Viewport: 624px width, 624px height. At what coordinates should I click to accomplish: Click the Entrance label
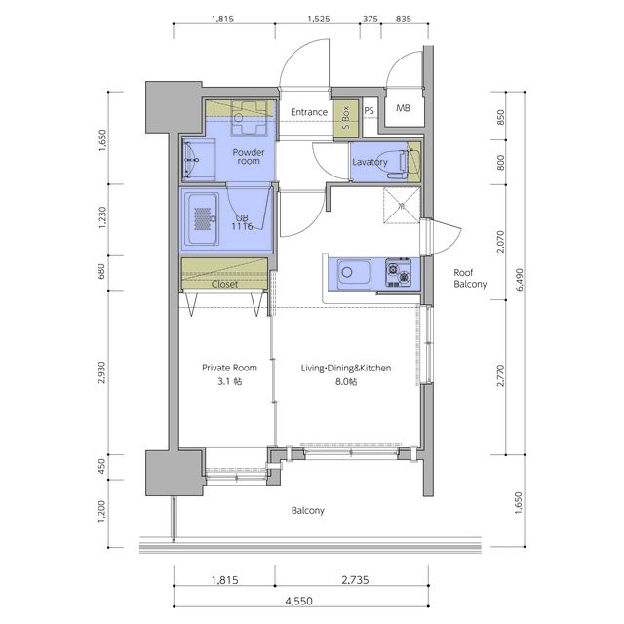[x=309, y=112]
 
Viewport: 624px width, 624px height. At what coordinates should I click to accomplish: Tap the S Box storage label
[x=346, y=117]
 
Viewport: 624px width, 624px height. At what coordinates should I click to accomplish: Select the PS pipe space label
[x=369, y=110]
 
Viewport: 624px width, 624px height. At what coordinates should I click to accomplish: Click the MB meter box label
[x=403, y=108]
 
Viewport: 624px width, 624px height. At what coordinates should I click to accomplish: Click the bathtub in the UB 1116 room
[x=203, y=219]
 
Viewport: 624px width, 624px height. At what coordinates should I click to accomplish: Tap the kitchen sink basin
[x=354, y=273]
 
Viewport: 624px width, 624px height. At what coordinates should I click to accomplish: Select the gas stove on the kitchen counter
[x=399, y=273]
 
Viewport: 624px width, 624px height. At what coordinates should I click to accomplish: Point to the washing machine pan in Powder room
[x=249, y=118]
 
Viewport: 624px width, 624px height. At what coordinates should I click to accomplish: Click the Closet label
[x=224, y=284]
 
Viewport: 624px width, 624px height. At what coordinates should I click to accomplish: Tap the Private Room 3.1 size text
[x=230, y=381]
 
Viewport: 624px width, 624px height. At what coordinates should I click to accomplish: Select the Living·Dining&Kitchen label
[x=346, y=369]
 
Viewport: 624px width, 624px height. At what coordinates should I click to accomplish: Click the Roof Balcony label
[x=470, y=278]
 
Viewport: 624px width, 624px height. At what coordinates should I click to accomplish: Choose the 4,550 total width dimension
[x=298, y=601]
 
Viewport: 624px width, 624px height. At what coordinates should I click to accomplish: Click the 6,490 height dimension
[x=519, y=280]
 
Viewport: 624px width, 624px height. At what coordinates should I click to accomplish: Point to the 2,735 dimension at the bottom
[x=355, y=580]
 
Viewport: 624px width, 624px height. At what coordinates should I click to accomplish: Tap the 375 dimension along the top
[x=370, y=19]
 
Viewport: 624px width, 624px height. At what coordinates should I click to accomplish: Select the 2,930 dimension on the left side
[x=101, y=372]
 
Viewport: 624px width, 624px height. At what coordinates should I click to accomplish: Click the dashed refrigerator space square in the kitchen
[x=402, y=206]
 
